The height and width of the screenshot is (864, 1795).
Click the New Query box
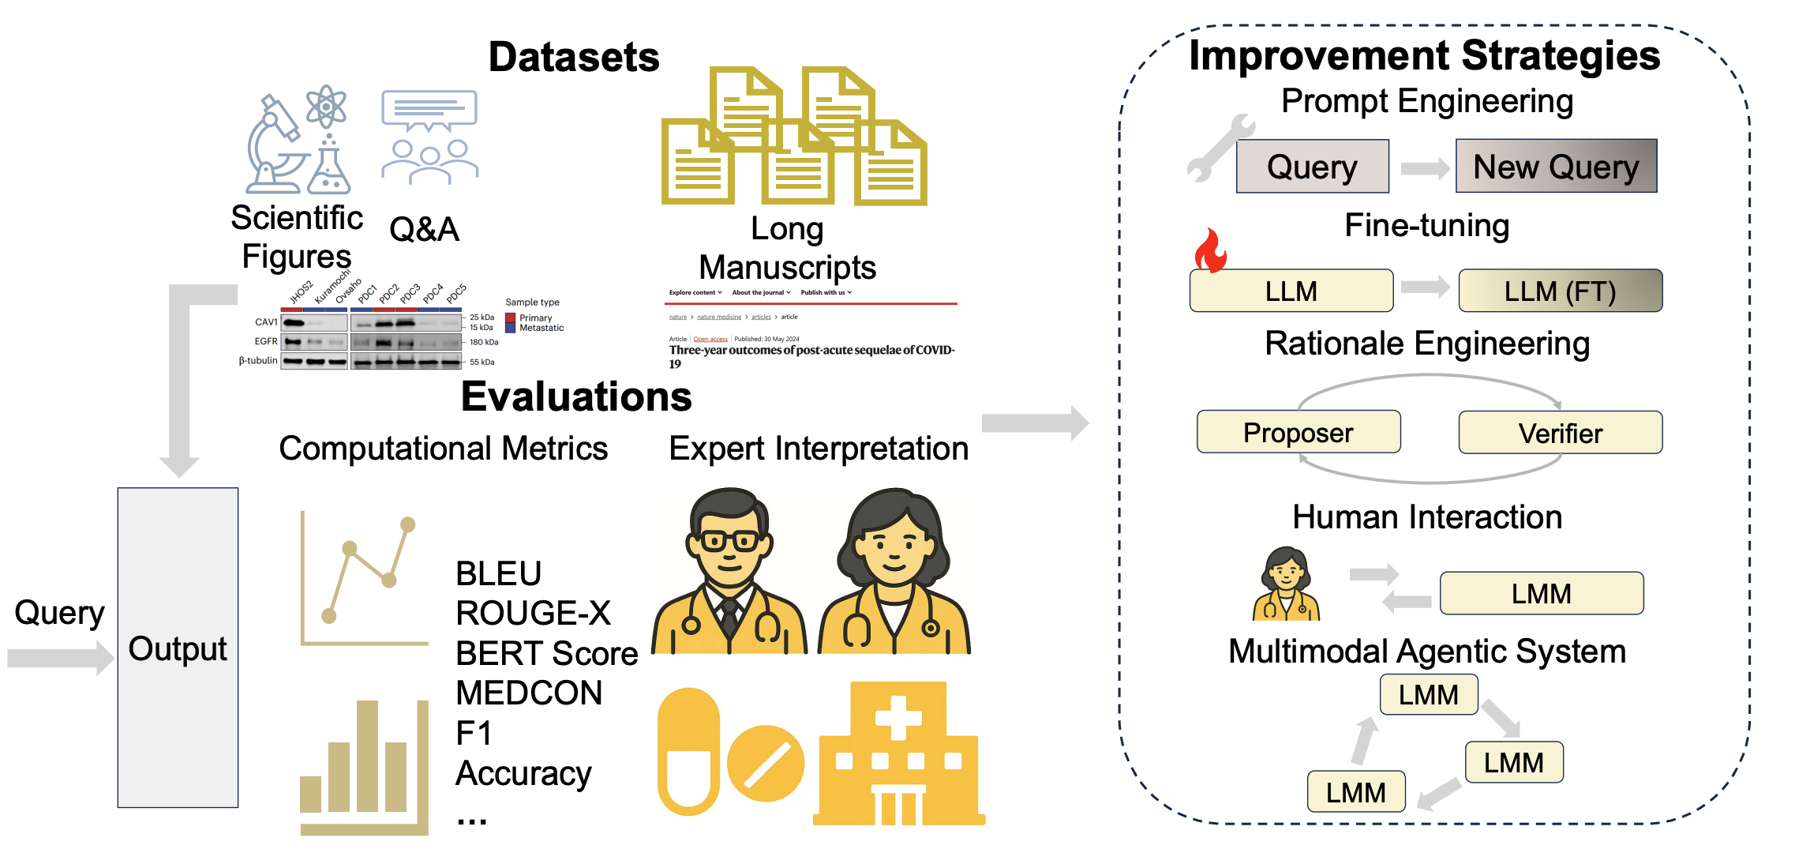pos(1556,166)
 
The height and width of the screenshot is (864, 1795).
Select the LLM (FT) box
pos(1560,291)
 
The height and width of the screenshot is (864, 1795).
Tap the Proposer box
pos(1298,432)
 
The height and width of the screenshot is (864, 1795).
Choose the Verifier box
pos(1560,433)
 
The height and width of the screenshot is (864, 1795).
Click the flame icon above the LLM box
pos(1210,250)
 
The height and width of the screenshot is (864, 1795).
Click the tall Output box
pos(178,648)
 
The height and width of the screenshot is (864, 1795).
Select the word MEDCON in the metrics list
pos(529,693)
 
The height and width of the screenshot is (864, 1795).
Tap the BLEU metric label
pos(498,573)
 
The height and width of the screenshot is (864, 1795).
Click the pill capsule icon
pos(689,751)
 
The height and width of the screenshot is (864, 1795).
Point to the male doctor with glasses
pos(729,573)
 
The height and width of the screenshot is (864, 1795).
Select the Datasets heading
pos(574,57)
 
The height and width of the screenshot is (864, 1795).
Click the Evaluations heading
pos(576,396)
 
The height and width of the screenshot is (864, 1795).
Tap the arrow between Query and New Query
pos(1424,168)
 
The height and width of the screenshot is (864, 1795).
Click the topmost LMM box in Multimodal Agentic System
pos(1428,695)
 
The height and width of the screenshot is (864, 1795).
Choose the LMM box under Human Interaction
pos(1541,593)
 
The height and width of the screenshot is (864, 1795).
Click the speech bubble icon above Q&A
pos(429,111)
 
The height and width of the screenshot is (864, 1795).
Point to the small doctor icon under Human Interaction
pos(1286,584)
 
